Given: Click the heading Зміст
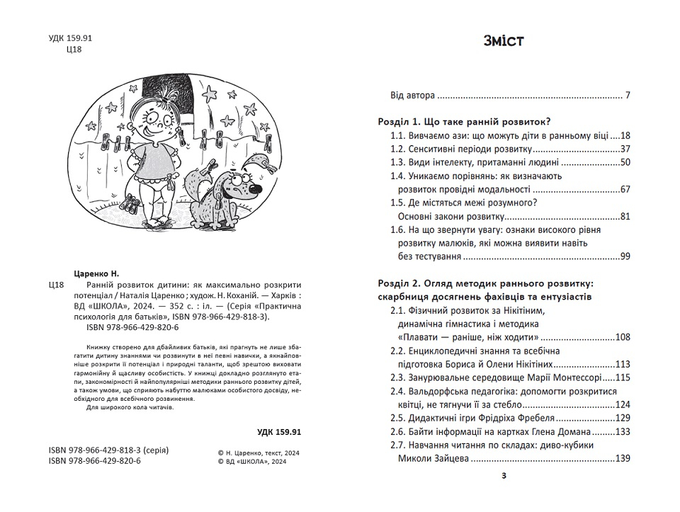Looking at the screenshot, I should pos(503,40).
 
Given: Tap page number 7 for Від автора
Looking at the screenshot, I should pos(627,95).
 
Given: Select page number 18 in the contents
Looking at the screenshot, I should pos(624,135).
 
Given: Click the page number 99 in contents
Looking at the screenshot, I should pos(625,256).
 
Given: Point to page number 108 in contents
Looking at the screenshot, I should pos(622,337).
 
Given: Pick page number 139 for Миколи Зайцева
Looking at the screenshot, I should pos(622,459).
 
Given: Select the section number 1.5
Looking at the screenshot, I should pos(398,203).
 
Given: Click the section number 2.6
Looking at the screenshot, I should pos(398,432).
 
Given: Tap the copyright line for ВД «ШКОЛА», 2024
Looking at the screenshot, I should pos(253,461).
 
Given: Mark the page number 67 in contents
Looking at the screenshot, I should pos(624,189).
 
